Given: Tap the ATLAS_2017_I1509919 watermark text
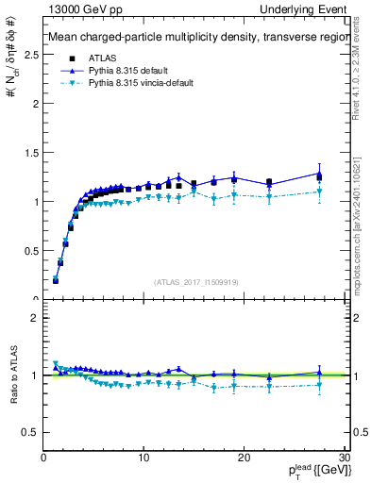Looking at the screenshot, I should (x=194, y=281).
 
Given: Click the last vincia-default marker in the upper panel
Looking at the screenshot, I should (x=319, y=192).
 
